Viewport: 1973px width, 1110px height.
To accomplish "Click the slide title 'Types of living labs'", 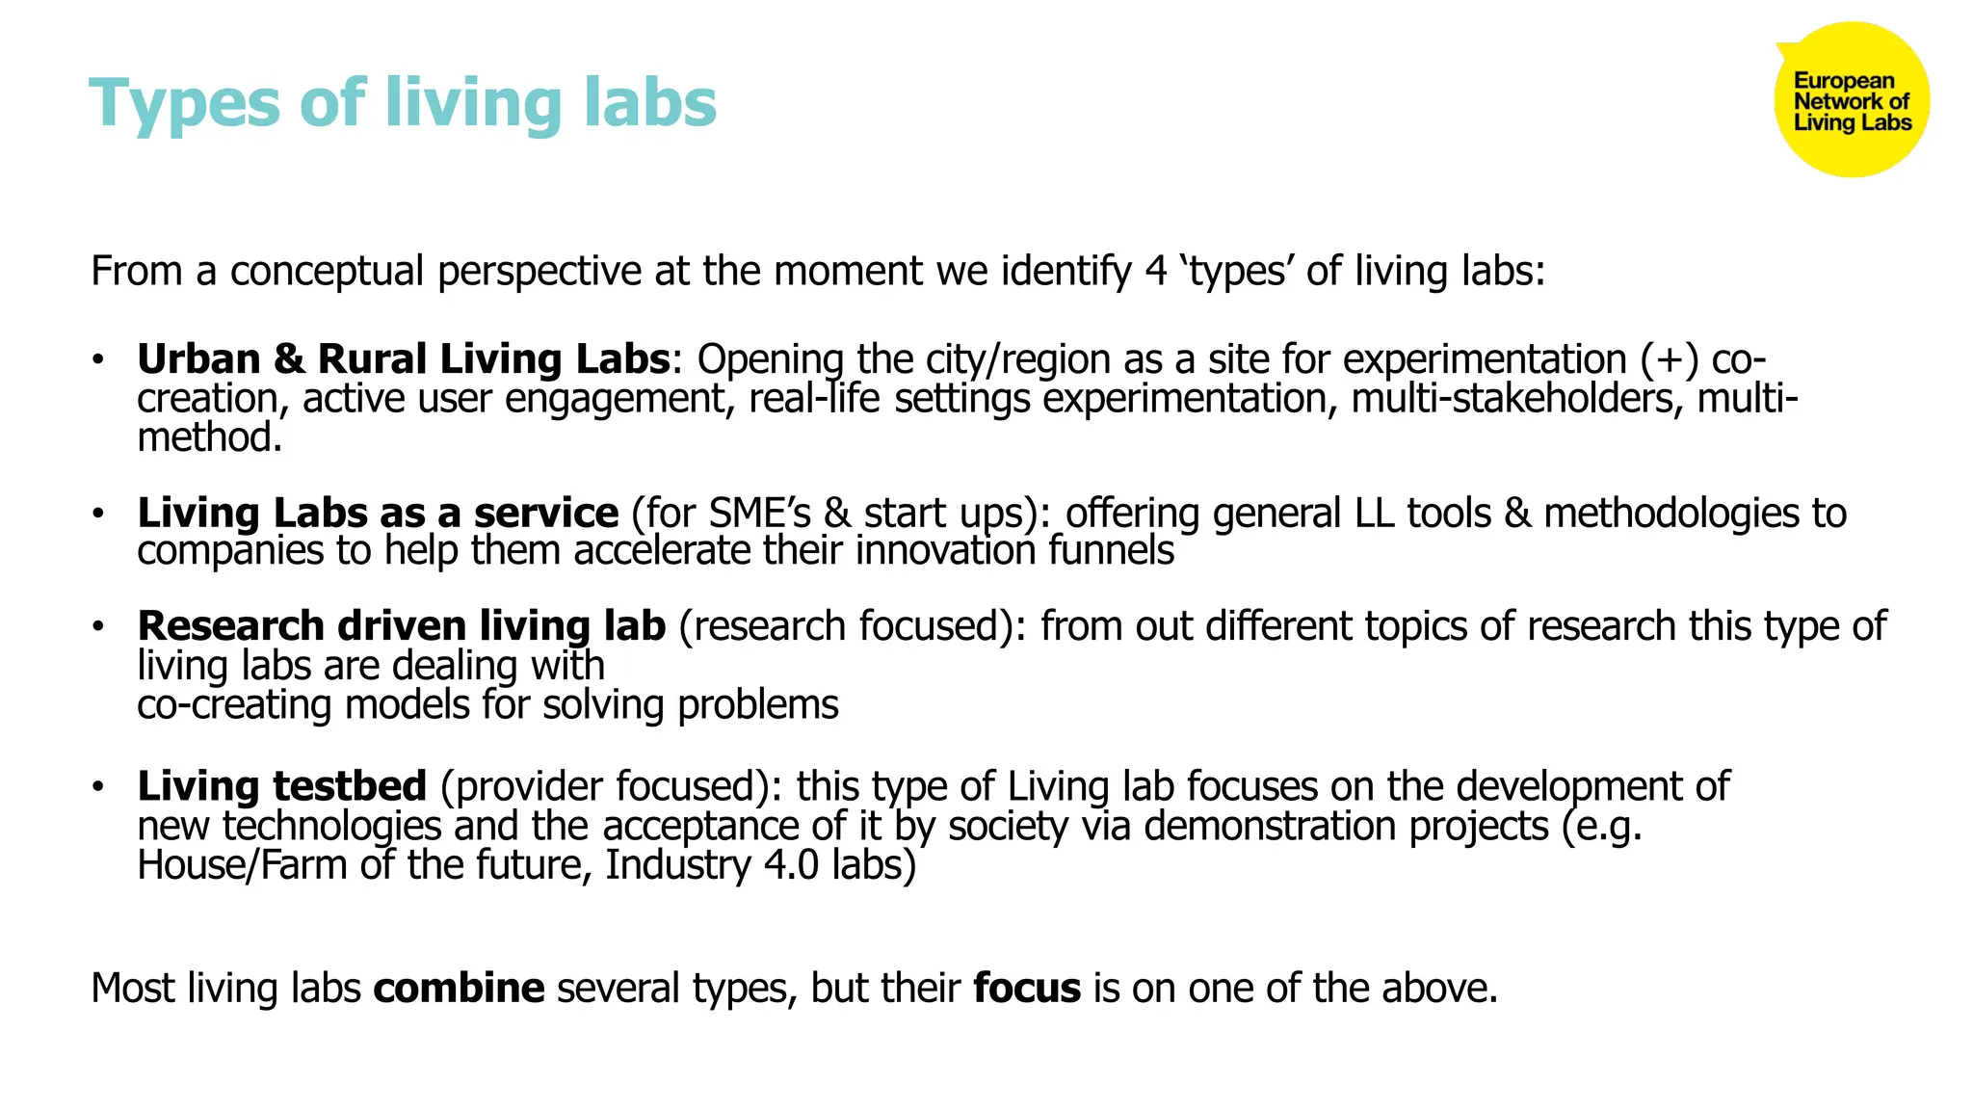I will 403,102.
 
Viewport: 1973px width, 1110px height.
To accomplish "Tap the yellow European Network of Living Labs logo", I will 1851,100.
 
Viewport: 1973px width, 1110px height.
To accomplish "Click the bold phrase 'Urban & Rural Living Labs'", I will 403,359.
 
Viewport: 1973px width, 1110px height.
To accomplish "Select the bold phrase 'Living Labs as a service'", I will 378,513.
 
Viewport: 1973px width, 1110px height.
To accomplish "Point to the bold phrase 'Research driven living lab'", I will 401,626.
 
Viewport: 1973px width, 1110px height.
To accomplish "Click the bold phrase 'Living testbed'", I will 281,786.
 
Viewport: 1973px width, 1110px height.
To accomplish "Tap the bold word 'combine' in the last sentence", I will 459,989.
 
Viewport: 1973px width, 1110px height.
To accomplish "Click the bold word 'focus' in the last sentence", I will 1026,989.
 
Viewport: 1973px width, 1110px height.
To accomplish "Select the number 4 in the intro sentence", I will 1156,272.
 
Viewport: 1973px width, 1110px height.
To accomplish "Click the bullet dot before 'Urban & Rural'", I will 97,360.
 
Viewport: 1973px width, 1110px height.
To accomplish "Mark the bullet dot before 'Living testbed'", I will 97,787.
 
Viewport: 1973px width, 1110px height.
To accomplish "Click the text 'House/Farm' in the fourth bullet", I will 242,865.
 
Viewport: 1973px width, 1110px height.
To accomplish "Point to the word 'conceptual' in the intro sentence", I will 327,272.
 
